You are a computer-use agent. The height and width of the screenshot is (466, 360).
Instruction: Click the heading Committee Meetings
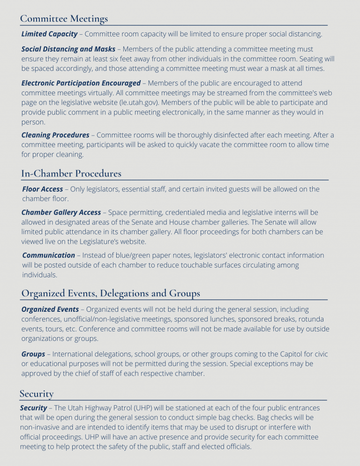64,19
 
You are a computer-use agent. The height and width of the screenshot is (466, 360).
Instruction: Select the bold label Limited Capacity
49,34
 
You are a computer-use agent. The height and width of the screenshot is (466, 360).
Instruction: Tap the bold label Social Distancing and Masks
68,49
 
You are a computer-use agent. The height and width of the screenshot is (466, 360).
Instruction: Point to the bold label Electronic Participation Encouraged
81,83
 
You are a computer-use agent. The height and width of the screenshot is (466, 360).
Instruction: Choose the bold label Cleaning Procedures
55,135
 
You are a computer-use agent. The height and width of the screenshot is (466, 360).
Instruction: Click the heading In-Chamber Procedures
71,173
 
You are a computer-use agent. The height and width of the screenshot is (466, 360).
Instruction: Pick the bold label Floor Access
42,189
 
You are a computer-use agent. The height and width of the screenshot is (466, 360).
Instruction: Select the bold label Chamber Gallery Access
61,212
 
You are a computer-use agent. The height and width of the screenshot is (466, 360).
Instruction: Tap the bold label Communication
48,256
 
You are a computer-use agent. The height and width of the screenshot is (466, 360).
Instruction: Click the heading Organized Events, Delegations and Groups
111,293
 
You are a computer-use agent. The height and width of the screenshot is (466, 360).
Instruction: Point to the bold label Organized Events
50,309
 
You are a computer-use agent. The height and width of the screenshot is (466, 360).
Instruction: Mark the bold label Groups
33,354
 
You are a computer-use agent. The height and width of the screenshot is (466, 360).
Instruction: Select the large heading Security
37,393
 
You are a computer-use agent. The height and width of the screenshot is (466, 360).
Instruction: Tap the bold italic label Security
33,408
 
